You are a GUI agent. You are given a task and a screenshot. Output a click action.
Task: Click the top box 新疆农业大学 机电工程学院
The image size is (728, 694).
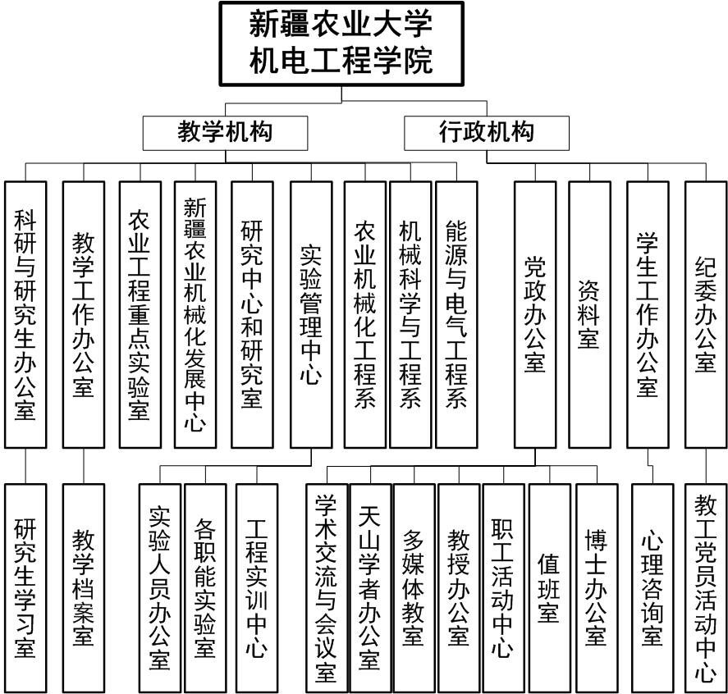pyautogui.click(x=341, y=44)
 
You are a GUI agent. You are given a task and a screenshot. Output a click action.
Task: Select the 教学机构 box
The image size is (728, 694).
pyautogui.click(x=225, y=133)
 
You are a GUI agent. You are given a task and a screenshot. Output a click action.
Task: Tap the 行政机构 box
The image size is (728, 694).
pyautogui.click(x=487, y=133)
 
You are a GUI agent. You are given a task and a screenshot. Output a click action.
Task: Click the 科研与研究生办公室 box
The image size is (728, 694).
pyautogui.click(x=25, y=314)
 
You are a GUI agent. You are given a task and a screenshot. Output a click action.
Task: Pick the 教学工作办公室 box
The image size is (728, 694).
pyautogui.click(x=84, y=314)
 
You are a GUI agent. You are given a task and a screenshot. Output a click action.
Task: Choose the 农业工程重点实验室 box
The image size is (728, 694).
pyautogui.click(x=140, y=314)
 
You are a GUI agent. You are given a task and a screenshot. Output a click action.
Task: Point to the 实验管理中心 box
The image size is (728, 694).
pyautogui.click(x=311, y=314)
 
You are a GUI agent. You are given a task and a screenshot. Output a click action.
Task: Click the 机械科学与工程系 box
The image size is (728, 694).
pyautogui.click(x=410, y=314)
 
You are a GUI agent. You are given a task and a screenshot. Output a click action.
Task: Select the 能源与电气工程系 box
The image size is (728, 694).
pyautogui.click(x=456, y=314)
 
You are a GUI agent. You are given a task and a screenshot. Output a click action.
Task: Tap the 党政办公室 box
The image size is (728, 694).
pyautogui.click(x=535, y=314)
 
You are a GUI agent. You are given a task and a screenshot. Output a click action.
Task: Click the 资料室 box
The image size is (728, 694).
pyautogui.click(x=589, y=314)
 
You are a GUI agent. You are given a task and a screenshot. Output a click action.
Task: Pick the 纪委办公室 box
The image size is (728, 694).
pyautogui.click(x=706, y=314)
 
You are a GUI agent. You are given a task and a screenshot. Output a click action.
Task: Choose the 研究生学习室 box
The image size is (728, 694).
pyautogui.click(x=25, y=588)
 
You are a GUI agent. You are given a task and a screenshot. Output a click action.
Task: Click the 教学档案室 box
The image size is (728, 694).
pyautogui.click(x=84, y=588)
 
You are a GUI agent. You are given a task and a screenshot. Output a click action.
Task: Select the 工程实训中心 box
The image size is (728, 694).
pyautogui.click(x=257, y=588)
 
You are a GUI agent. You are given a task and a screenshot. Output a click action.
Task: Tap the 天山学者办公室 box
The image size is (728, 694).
pyautogui.click(x=370, y=588)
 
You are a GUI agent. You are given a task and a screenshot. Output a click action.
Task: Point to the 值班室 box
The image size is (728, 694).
pyautogui.click(x=550, y=588)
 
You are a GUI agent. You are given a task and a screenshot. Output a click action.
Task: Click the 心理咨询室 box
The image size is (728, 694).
pyautogui.click(x=652, y=588)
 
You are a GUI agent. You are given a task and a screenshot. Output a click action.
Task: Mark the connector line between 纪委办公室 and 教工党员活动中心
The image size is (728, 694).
pyautogui.click(x=706, y=466)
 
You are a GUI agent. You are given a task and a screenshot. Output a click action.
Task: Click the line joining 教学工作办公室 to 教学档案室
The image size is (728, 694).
pyautogui.click(x=84, y=466)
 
